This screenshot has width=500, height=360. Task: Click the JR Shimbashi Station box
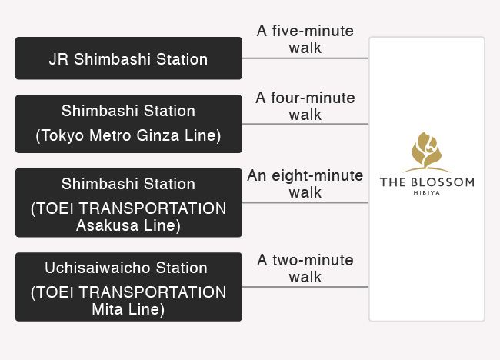[x=128, y=58]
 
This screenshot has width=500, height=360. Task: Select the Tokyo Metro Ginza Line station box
[x=128, y=124]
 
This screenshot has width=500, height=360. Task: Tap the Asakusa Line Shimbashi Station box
[x=128, y=203]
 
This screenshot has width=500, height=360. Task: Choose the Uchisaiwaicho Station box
[x=128, y=287]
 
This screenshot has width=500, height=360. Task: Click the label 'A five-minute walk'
[x=305, y=39]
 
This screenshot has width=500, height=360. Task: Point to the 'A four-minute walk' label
[x=305, y=106]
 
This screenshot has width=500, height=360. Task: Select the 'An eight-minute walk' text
[x=305, y=184]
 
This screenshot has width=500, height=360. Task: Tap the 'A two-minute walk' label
[x=305, y=268]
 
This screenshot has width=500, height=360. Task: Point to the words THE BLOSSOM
[x=427, y=182]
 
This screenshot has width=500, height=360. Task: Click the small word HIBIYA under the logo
[x=427, y=193]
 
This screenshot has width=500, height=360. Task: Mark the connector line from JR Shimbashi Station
[x=305, y=58]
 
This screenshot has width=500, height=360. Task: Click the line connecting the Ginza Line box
[x=305, y=124]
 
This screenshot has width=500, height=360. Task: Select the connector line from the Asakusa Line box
[x=305, y=202]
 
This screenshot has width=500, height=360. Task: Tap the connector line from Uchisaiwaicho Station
[x=305, y=287]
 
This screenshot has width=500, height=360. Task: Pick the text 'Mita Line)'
[x=128, y=309]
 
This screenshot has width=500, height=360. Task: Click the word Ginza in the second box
[x=158, y=135]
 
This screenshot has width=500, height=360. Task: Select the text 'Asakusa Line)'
[x=128, y=225]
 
